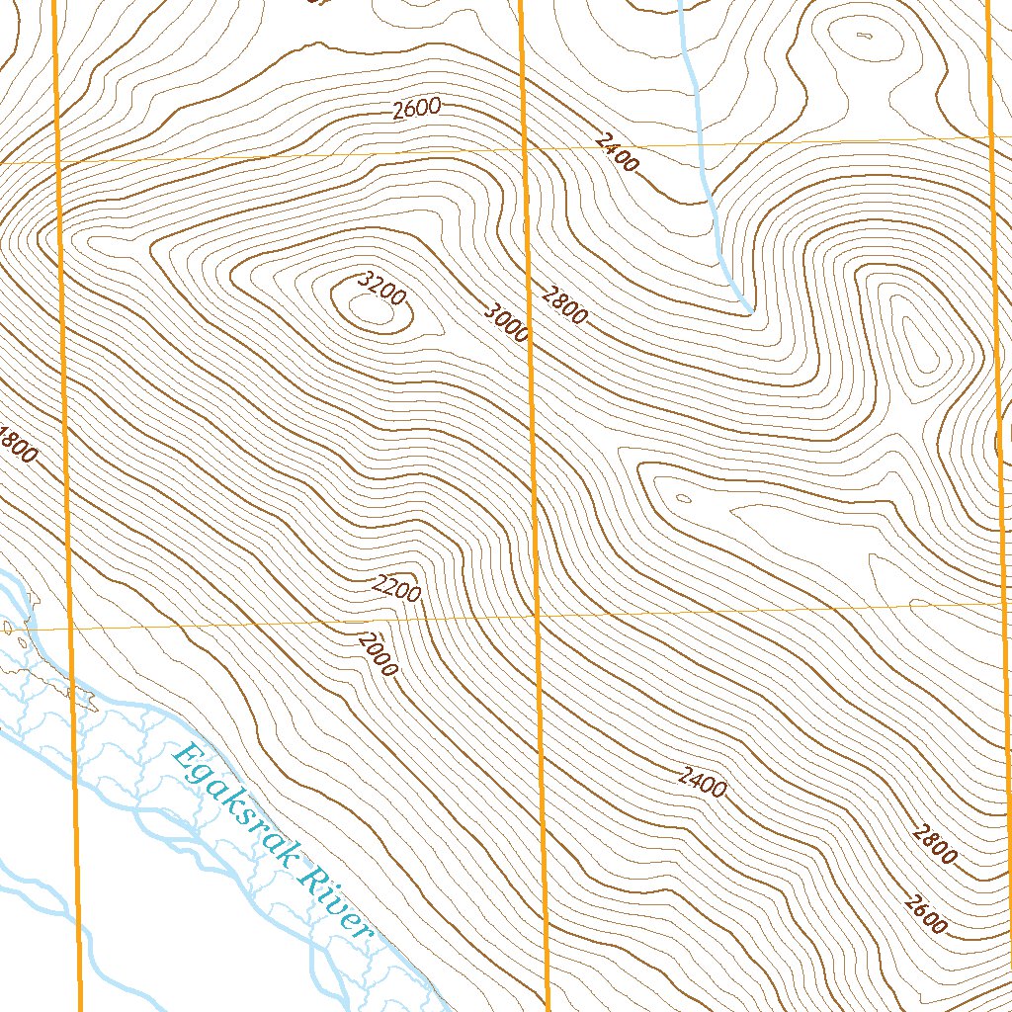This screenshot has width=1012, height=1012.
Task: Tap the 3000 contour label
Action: (507, 322)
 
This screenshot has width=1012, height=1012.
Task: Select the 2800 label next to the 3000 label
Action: (564, 303)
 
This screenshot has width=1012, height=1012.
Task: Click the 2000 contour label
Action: (379, 654)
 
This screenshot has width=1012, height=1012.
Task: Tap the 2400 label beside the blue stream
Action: (618, 152)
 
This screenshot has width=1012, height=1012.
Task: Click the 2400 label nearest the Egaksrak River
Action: (703, 782)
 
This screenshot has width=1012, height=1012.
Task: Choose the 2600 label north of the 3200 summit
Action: (415, 110)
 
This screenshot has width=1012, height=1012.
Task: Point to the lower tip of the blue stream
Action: (750, 311)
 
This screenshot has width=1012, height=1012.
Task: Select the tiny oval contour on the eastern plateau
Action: (680, 499)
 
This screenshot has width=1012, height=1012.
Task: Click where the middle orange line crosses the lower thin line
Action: (537, 616)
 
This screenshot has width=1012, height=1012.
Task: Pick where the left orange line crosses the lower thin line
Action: (70, 628)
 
